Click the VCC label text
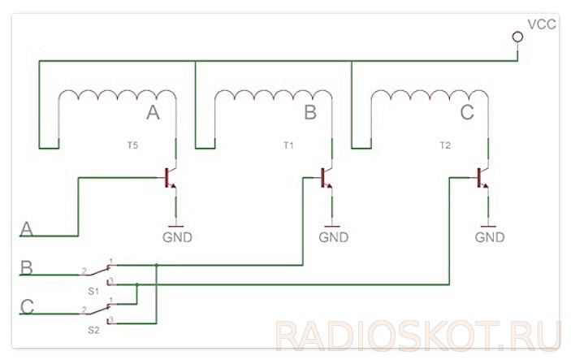pyautogui.click(x=542, y=24)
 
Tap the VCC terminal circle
pyautogui.click(x=517, y=37)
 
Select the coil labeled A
pyautogui.click(x=114, y=96)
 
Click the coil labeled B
pyautogui.click(x=270, y=96)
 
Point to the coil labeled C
pyautogui.click(x=426, y=96)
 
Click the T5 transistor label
pyautogui.click(x=132, y=145)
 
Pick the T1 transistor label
pyautogui.click(x=288, y=145)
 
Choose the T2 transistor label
pyautogui.click(x=443, y=145)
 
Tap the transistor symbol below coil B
pyautogui.click(x=326, y=177)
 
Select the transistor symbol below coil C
pyautogui.click(x=482, y=177)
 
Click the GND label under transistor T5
pyautogui.click(x=178, y=237)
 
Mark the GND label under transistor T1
pyautogui.click(x=333, y=237)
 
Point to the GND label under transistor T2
pyautogui.click(x=490, y=237)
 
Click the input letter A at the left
pyautogui.click(x=28, y=229)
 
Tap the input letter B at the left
pyautogui.click(x=27, y=267)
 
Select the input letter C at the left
pyautogui.click(x=27, y=307)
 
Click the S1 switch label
pyautogui.click(x=93, y=290)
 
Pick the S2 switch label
pyautogui.click(x=93, y=330)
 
